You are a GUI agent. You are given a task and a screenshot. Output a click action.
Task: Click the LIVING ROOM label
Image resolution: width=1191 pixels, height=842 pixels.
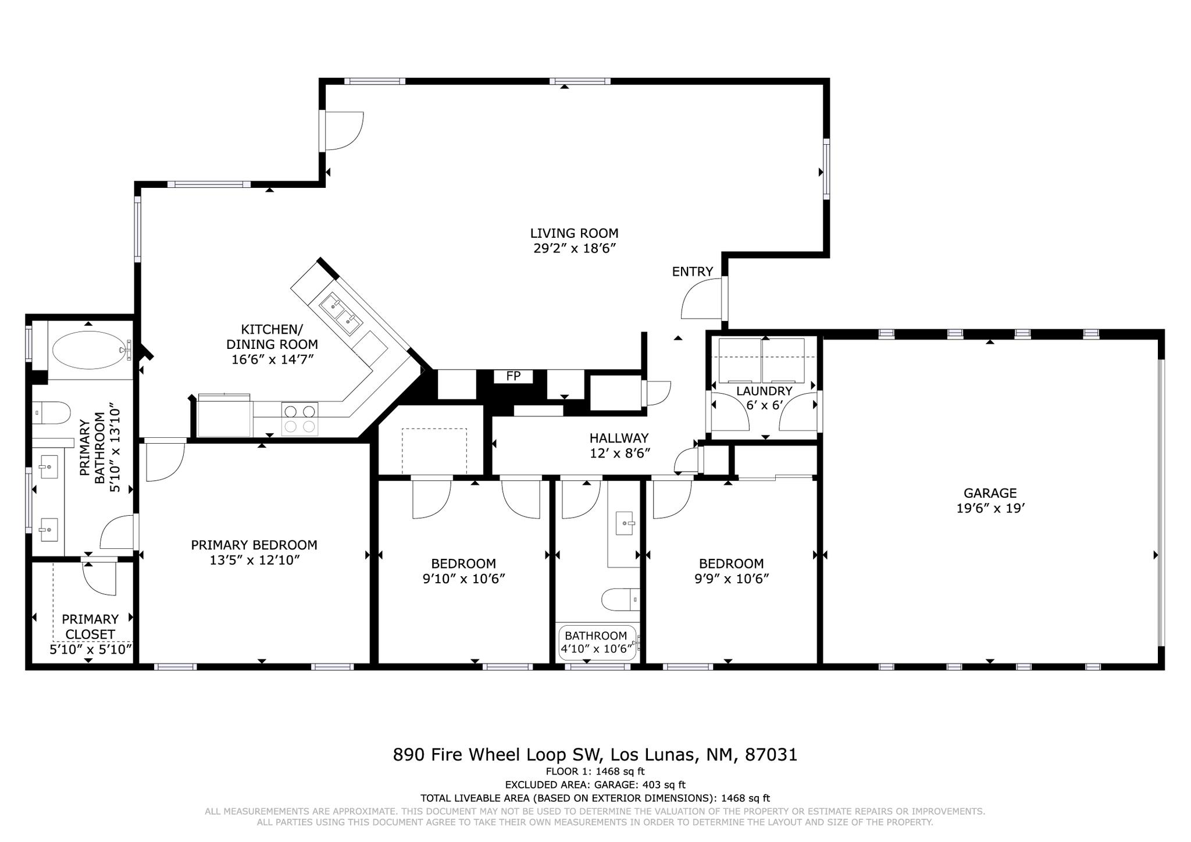pyautogui.click(x=574, y=233)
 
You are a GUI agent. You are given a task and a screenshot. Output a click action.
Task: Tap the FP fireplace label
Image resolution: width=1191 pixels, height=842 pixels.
pyautogui.click(x=513, y=376)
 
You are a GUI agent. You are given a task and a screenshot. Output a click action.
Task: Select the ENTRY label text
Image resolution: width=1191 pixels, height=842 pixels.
pyautogui.click(x=692, y=272)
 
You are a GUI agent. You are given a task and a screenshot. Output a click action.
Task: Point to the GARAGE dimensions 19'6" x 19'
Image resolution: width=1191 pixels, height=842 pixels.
pyautogui.click(x=990, y=508)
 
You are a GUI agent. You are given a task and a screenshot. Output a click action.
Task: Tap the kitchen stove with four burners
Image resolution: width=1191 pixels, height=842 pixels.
pyautogui.click(x=299, y=419)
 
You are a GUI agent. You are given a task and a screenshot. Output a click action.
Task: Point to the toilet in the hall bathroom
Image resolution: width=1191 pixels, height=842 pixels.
pyautogui.click(x=621, y=600)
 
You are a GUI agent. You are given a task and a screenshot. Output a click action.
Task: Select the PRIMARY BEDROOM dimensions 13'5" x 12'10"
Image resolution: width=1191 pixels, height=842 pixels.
pyautogui.click(x=254, y=560)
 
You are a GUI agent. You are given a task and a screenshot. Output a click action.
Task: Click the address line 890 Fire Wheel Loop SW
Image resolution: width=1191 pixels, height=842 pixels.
pyautogui.click(x=497, y=755)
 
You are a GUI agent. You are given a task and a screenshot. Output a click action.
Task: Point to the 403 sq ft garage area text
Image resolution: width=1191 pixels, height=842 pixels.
pyautogui.click(x=664, y=785)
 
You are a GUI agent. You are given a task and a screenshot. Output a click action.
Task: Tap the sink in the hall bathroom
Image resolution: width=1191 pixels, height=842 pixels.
pyautogui.click(x=625, y=523)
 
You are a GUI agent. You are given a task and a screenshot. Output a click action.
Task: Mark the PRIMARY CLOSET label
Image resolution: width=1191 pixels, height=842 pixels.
pyautogui.click(x=90, y=626)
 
